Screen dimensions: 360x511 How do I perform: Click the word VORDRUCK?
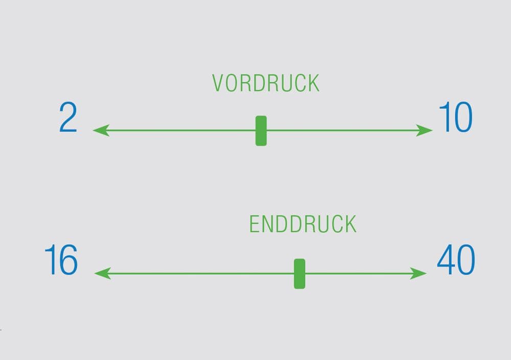(x=266, y=83)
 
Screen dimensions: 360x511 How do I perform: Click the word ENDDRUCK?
(x=303, y=225)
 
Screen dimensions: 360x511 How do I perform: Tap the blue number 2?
(x=68, y=118)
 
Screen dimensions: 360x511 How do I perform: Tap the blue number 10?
(x=455, y=118)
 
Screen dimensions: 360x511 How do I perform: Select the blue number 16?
(x=61, y=260)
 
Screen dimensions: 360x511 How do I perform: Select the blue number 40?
(x=455, y=260)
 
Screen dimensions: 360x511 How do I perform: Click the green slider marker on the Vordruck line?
(x=261, y=131)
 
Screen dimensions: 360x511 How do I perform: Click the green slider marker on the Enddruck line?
(x=299, y=274)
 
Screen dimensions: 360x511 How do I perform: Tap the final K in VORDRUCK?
(x=313, y=83)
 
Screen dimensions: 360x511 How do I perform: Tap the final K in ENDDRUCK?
(x=351, y=225)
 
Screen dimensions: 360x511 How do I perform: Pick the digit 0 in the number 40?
(x=466, y=260)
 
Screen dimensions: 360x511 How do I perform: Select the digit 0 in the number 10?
(x=463, y=118)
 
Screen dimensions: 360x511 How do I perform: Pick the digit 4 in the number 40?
(x=446, y=260)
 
